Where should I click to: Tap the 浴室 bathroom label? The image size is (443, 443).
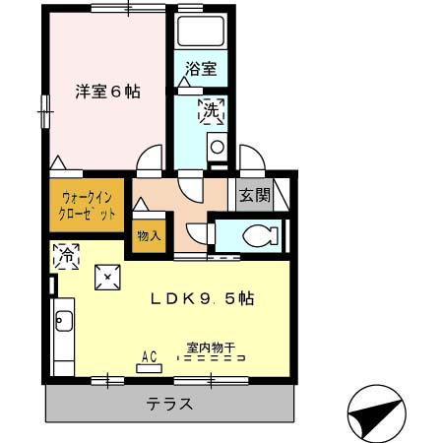(202, 70)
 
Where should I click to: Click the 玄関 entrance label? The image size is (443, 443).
(253, 195)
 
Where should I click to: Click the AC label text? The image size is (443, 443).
(151, 355)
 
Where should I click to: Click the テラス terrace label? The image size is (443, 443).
(169, 404)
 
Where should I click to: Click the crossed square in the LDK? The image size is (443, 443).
(105, 279)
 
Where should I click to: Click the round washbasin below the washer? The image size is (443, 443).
(217, 148)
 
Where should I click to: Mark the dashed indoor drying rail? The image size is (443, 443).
(216, 359)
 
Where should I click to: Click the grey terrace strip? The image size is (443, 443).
(98, 404)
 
